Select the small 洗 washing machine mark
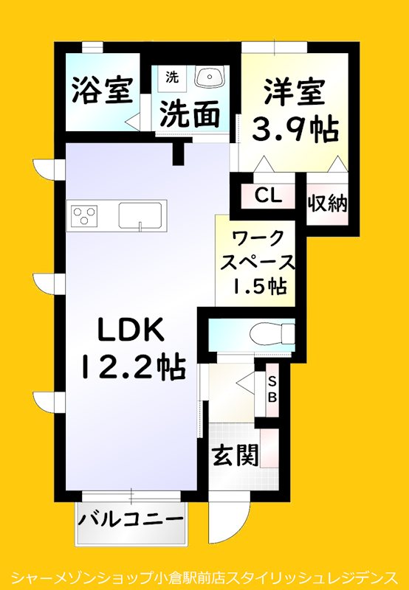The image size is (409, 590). pyautogui.click(x=172, y=77)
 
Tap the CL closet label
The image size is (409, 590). pyautogui.click(x=267, y=196)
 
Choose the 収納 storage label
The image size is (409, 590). pyautogui.click(x=327, y=204)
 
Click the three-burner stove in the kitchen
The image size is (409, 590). pyautogui.click(x=85, y=216)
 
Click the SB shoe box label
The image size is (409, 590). pyautogui.click(x=272, y=389)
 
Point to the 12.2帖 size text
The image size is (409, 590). pyautogui.click(x=133, y=367)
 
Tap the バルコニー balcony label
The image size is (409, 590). pyautogui.click(x=132, y=518)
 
